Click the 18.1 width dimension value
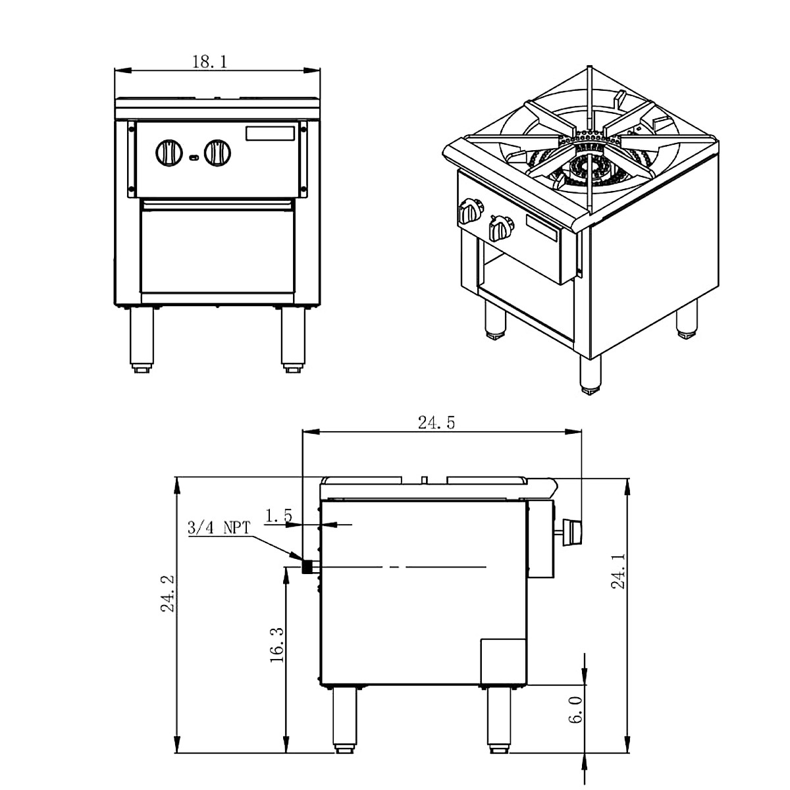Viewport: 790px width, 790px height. coord(209,62)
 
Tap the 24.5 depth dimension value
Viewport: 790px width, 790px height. coord(436,423)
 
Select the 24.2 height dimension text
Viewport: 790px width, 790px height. coord(167,593)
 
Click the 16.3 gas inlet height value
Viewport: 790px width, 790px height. coord(276,644)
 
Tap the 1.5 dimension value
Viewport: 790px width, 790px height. coord(278,515)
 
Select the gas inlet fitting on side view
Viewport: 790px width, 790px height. coord(307,566)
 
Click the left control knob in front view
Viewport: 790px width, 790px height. coord(169,154)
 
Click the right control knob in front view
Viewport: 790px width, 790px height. coord(217,154)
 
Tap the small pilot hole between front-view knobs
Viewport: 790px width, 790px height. coord(194,157)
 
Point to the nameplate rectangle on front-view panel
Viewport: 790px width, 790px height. coord(270,133)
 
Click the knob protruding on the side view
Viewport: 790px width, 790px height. coord(571,531)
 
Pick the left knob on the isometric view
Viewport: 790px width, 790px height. coord(469,211)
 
